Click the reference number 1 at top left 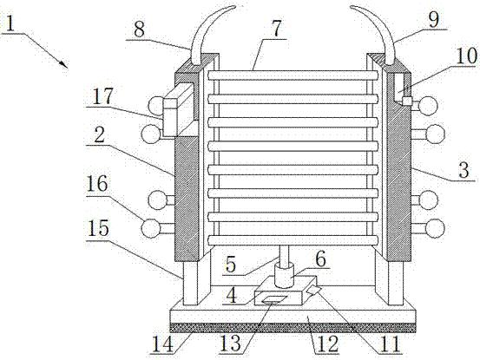pos(10,23)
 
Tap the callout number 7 pos(276,29)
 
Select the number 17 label pos(102,96)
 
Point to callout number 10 pos(466,56)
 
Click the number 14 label pos(163,344)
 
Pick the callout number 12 pos(327,344)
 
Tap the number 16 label pos(96,184)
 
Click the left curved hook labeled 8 pos(209,32)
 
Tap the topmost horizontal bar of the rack pos(293,75)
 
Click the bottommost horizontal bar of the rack pos(293,240)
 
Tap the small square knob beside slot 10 pos(407,101)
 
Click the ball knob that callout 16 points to pos(151,228)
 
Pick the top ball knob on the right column pos(428,106)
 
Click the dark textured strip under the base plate pos(293,328)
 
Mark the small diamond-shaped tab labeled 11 pos(314,290)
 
